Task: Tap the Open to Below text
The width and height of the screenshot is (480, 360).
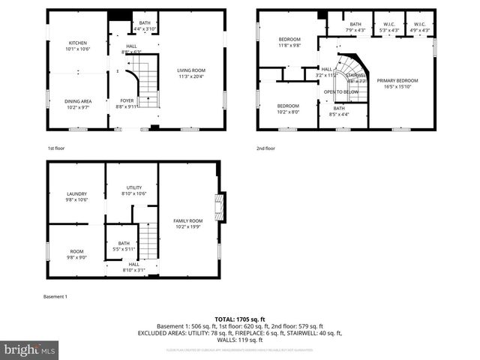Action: coord(340,92)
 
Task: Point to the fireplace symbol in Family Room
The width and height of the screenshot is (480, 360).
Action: coord(220,207)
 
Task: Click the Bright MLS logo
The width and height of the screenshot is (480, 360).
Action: coord(30,349)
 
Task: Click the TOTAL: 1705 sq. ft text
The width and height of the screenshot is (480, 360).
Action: coord(240,319)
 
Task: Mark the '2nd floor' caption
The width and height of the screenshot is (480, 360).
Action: coord(265,148)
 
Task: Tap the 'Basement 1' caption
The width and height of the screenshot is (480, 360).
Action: coord(55,296)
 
